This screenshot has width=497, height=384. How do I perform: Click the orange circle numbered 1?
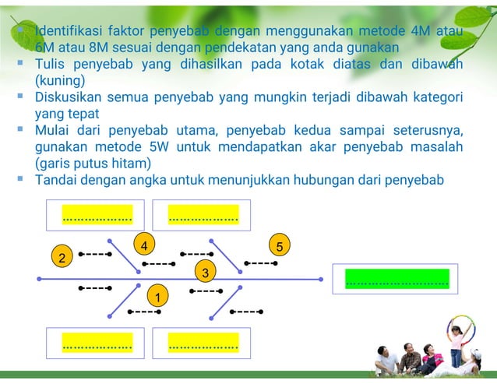[x=157, y=296]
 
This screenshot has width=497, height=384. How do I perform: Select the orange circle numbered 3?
[x=205, y=273]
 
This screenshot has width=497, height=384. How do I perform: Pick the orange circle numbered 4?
[x=143, y=245]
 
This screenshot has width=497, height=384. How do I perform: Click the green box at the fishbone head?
[x=397, y=279]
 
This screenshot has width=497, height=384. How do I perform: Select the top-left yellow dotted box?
[x=97, y=215]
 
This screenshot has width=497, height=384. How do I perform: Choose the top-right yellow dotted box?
[x=203, y=215]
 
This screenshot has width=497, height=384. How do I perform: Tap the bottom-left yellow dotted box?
[x=97, y=340]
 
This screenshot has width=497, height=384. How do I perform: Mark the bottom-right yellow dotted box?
[x=203, y=340]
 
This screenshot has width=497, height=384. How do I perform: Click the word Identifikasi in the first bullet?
[x=68, y=32]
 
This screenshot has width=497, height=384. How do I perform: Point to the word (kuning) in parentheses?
[x=60, y=80]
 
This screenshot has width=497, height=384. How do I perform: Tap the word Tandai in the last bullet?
[x=55, y=180]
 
